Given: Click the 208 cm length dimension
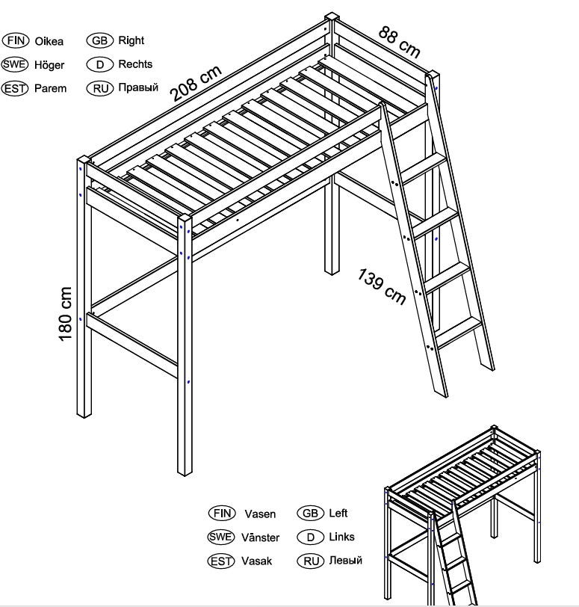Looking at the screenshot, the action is coord(196,83).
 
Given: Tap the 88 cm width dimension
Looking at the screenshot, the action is coord(399,42).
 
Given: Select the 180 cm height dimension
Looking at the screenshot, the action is coord(66,313).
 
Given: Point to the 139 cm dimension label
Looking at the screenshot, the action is coord(381,286).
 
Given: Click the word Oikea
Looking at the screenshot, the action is coord(49,41).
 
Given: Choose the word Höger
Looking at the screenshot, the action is coord(49,65).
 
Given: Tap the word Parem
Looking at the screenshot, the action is coord(50,88).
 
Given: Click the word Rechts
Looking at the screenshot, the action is coord(135,64).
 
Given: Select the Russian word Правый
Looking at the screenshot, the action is coord(138,87).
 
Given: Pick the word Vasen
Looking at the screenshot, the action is coord(260,514).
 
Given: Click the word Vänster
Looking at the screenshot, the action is coord(260,537).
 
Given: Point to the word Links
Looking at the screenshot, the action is coord(342,537).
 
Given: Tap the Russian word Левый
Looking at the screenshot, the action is coord(345,560).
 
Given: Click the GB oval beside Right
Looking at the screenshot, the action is coord(100,40).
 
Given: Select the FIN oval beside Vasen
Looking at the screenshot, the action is coord(222,514).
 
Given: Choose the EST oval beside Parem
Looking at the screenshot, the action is coord(15,89).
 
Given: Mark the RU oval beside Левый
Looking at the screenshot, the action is coord(311,561).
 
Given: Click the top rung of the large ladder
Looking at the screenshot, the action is coord(423,168).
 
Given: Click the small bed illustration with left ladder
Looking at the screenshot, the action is coord(462,515).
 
